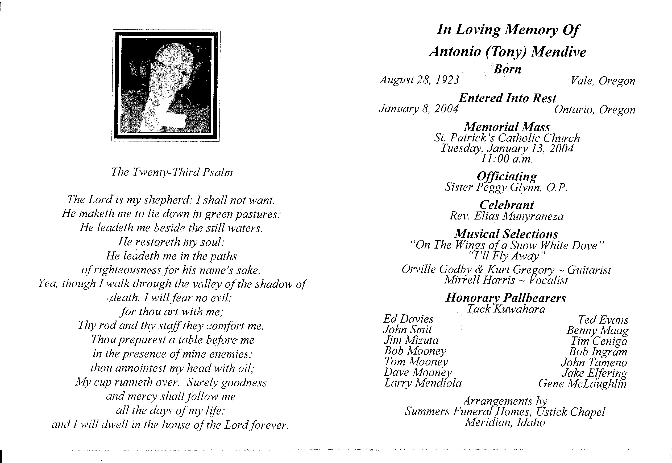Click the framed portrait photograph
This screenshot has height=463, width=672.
[166, 85]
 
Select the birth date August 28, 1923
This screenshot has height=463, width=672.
[420, 80]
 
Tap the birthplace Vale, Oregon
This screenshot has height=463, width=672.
[603, 81]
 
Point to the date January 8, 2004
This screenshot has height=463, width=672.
[418, 109]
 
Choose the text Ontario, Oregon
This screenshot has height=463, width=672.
[595, 110]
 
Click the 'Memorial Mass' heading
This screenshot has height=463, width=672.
[507, 127]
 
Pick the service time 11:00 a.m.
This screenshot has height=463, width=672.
[507, 159]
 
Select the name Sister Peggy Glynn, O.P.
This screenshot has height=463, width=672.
[506, 187]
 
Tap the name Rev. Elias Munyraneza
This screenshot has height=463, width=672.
[507, 216]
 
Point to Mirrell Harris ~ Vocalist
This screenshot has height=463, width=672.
[506, 280]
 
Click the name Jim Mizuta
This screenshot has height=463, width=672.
[411, 340]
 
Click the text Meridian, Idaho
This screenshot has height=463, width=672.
[505, 423]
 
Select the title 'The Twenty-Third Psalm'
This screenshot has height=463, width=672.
[172, 172]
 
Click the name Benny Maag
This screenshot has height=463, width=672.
[598, 330]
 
